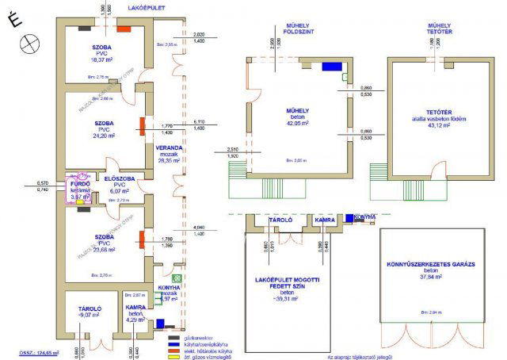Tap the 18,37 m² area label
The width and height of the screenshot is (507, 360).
click(102, 59)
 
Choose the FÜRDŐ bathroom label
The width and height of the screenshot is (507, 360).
click(79, 184)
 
